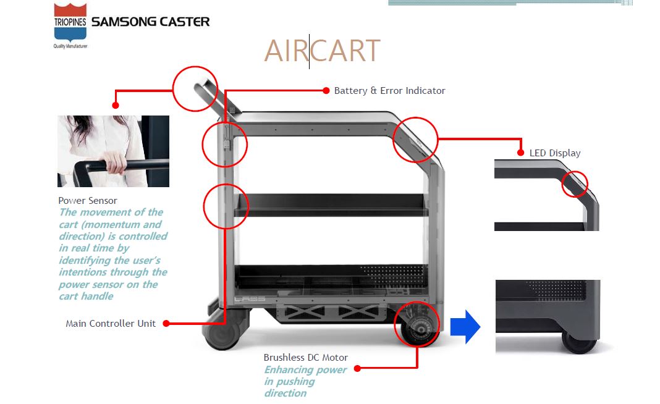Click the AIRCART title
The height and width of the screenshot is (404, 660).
[x=322, y=51]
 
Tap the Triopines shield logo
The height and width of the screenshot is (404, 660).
[x=70, y=23]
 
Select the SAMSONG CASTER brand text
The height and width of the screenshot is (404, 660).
[x=150, y=22]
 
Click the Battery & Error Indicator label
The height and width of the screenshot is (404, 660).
[x=389, y=91]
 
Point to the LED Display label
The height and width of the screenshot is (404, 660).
[x=555, y=153]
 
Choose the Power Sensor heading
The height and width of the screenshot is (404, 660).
[x=88, y=201]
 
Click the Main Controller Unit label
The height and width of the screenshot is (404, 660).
[x=111, y=323]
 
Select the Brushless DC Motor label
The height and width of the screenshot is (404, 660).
[x=305, y=358]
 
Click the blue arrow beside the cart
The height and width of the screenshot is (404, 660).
[x=465, y=326]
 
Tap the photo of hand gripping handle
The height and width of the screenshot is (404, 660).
[x=113, y=151]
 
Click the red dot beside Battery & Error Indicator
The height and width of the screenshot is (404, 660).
[x=326, y=91]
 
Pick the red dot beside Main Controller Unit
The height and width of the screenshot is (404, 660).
[x=166, y=323]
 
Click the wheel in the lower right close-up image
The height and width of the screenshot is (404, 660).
[x=579, y=342]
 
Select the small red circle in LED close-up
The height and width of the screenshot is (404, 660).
[x=574, y=183]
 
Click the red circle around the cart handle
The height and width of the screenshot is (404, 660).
[x=195, y=88]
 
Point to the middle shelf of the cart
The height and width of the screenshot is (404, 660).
[x=331, y=204]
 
